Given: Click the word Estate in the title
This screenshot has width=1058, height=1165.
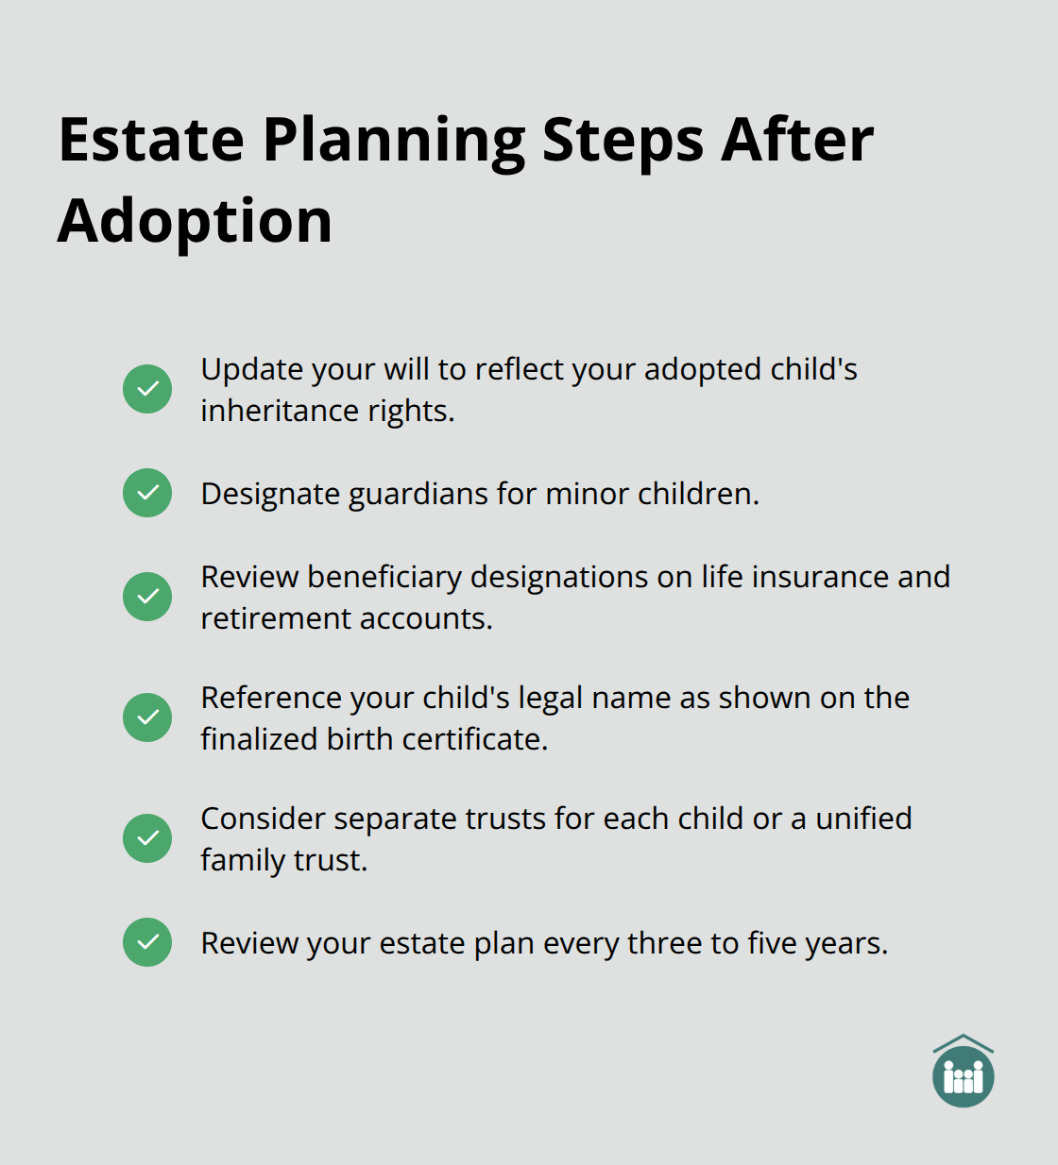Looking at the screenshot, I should (151, 141).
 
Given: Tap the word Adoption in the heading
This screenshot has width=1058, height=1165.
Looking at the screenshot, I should (195, 222).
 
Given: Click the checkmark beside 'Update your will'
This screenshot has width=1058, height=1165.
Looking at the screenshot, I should (147, 389).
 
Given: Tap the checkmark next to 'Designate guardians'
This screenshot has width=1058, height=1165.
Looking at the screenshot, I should (147, 493).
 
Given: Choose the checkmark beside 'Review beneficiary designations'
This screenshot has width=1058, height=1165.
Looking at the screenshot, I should (147, 597).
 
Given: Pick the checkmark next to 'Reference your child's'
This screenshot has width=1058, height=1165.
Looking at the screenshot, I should (147, 718).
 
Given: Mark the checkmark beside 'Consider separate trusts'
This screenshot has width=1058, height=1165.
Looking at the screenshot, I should (147, 838).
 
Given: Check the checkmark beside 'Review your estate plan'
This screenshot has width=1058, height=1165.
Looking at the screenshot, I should (147, 942).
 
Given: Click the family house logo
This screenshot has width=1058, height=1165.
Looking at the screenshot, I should (963, 1072).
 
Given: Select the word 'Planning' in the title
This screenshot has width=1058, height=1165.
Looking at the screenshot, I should (393, 141).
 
